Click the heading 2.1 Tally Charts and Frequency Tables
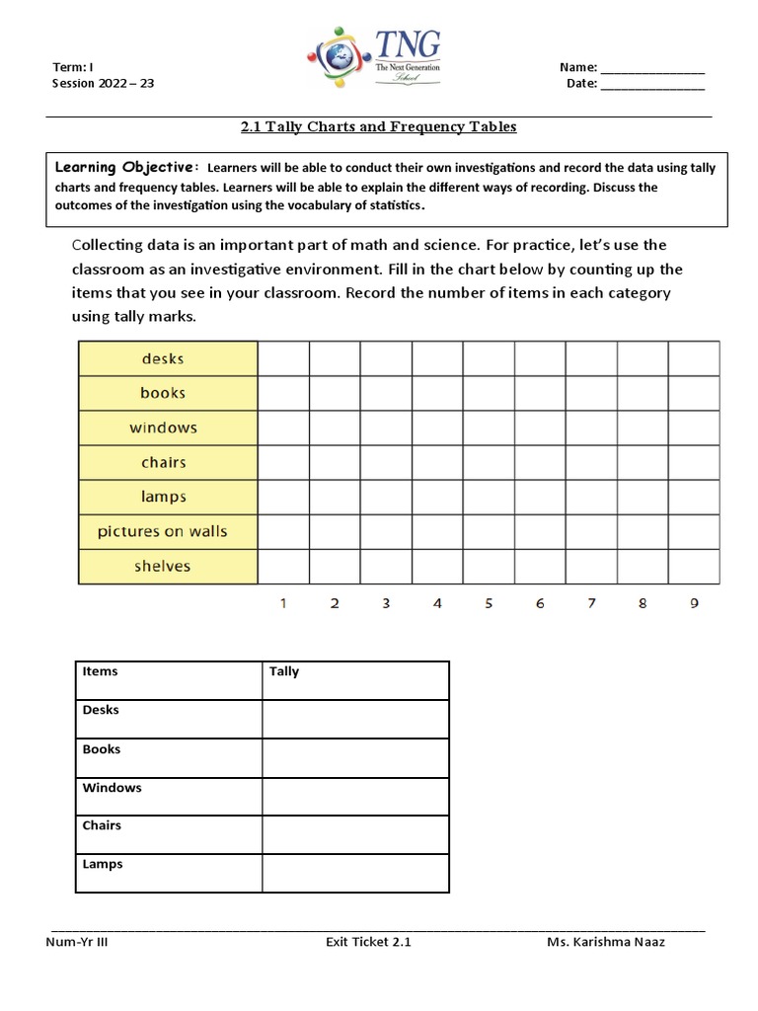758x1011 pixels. click(379, 127)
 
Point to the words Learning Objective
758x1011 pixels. click(126, 167)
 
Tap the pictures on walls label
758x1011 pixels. click(163, 531)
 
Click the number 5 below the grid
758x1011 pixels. click(489, 603)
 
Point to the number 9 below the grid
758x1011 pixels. click(694, 603)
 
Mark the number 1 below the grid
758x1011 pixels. click(283, 603)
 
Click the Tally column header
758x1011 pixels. click(284, 671)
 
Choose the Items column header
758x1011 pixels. click(100, 671)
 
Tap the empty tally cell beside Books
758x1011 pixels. click(355, 757)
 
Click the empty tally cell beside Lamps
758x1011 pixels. click(355, 873)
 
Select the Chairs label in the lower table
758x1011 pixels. click(102, 825)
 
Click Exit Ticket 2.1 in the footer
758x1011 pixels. click(368, 942)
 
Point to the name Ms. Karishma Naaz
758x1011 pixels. click(606, 942)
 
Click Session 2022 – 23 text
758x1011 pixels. click(103, 84)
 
